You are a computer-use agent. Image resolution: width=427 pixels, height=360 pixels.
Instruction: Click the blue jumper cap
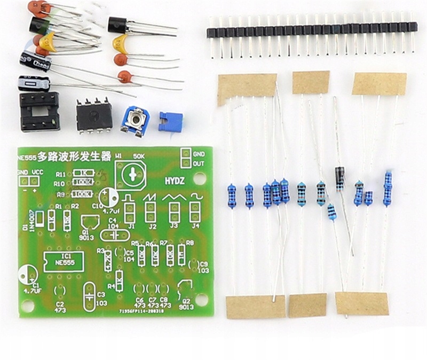point(170,121)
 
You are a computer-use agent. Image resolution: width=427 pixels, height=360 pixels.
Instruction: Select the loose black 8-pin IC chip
point(94,115)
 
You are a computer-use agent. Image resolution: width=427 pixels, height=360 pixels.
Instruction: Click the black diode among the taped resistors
point(339,178)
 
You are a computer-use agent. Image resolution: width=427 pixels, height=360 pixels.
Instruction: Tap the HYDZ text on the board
point(175,182)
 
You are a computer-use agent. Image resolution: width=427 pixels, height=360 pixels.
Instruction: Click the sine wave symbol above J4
point(196,197)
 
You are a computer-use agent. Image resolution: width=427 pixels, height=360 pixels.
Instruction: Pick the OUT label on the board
point(199,163)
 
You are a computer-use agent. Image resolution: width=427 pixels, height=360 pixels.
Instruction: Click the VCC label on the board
point(37,172)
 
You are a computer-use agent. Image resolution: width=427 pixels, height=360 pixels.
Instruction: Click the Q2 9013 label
point(185,305)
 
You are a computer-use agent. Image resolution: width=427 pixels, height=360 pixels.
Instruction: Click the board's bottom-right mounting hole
point(201,299)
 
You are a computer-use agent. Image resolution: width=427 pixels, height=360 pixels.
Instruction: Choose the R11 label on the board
point(61,174)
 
